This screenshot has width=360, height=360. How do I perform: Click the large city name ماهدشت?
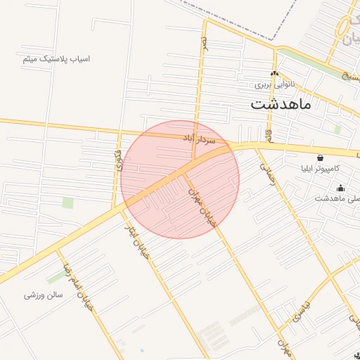click(281, 105)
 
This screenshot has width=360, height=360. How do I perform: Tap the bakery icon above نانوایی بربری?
click(274, 74)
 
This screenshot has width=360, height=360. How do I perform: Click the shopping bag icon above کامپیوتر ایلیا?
click(321, 157)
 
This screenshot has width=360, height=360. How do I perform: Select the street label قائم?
click(268, 134)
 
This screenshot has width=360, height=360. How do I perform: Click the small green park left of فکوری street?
click(67, 202)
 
